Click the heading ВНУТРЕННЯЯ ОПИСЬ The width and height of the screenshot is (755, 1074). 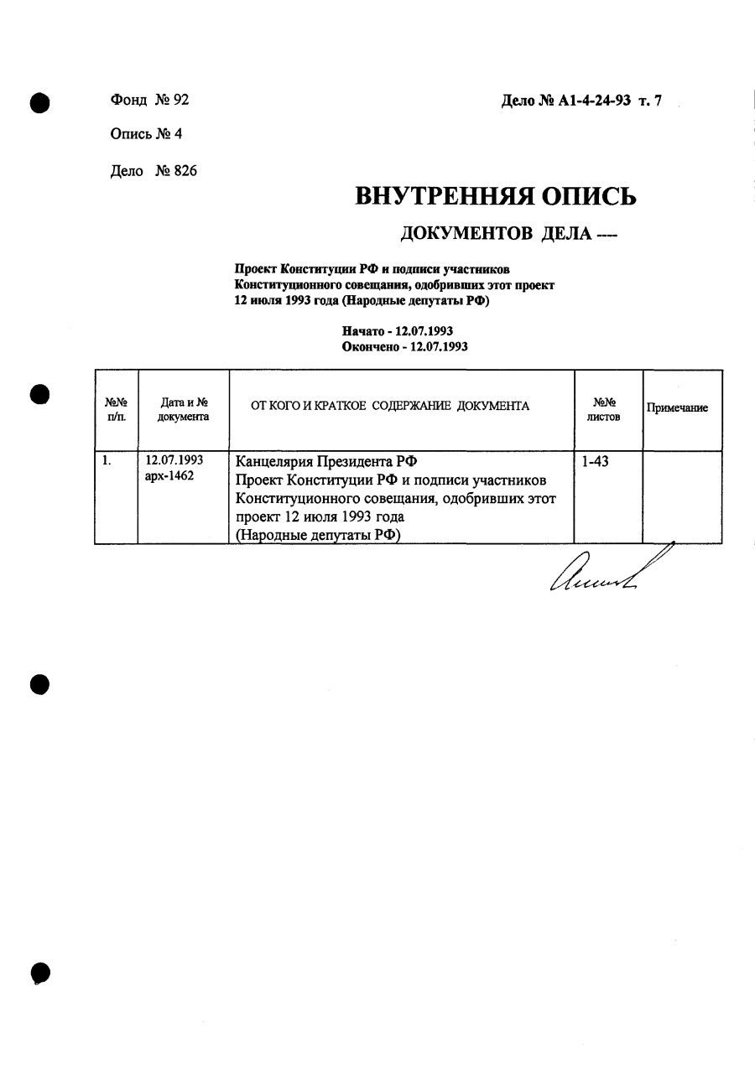tap(496, 196)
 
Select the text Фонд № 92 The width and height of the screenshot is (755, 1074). tap(149, 100)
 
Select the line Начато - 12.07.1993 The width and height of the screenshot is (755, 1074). tap(404, 331)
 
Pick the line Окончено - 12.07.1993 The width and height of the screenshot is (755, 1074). tap(404, 345)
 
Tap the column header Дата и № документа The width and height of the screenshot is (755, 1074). tap(184, 409)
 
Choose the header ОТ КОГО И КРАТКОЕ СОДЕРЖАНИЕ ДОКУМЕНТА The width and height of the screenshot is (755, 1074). tap(391, 407)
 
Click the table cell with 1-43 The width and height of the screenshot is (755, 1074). tap(595, 461)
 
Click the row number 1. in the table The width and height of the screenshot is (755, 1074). tap(107, 460)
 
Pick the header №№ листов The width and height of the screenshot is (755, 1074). tap(604, 409)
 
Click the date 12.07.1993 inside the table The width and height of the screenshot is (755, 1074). tap(174, 460)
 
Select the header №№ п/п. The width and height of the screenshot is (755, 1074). tap(116, 409)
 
